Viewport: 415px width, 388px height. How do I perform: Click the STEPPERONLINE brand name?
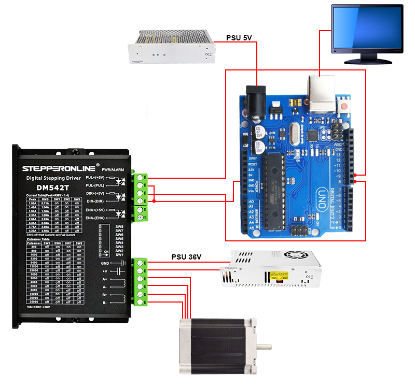57,168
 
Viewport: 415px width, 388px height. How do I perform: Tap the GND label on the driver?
105,263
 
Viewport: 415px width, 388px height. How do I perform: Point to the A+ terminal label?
105,279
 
